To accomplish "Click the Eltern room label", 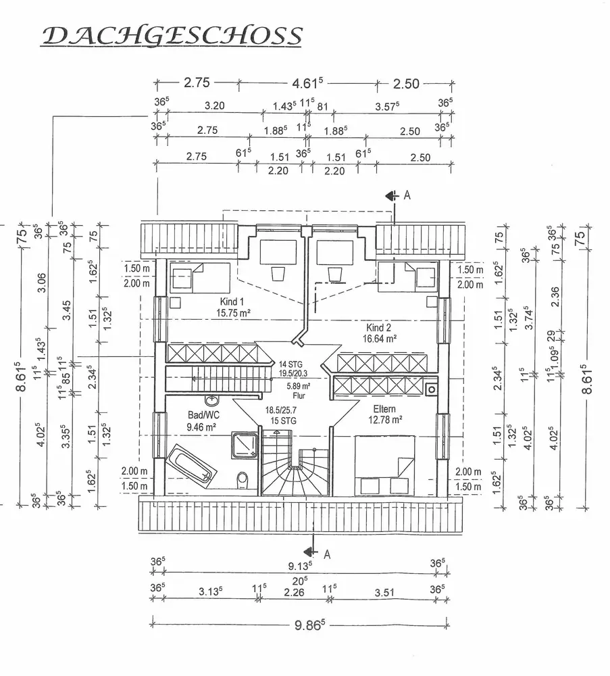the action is coord(383,409).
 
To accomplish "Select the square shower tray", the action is coord(244,444).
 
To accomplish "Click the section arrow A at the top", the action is coord(392,195).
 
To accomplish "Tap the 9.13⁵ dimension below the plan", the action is coord(300,565).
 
